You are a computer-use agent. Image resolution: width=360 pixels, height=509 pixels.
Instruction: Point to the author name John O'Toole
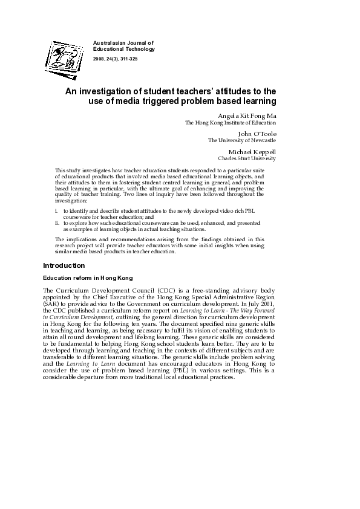pos(257,133)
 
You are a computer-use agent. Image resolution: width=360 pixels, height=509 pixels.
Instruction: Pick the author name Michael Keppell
pos(252,151)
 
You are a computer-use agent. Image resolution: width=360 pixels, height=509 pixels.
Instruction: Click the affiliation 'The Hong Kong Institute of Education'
pos(230,123)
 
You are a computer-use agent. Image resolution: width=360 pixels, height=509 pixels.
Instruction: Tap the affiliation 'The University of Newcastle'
pos(242,141)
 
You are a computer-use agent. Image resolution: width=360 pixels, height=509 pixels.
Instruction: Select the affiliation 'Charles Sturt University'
pos(247,158)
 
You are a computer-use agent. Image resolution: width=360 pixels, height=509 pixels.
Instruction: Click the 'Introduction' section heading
pos(64,265)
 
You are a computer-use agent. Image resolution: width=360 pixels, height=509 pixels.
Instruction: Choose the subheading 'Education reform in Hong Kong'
pos(87,278)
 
